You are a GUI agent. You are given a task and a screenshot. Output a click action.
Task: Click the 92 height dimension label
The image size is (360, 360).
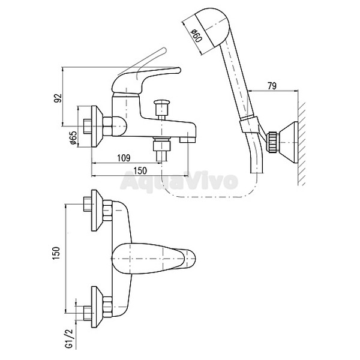pyautogui.click(x=58, y=98)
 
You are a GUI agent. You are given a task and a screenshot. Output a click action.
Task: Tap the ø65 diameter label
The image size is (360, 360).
pyautogui.click(x=73, y=137)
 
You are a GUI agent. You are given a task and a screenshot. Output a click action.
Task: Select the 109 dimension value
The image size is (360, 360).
pyautogui.click(x=124, y=158)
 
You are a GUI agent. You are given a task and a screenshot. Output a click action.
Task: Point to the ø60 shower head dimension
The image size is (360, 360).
pyautogui.click(x=197, y=35)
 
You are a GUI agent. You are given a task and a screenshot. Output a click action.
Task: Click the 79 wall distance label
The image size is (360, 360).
pyautogui.click(x=272, y=86)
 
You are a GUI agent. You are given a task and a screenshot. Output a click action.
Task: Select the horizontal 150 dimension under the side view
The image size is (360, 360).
pyautogui.click(x=140, y=170)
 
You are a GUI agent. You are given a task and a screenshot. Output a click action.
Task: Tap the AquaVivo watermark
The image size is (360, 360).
pyautogui.click(x=179, y=181)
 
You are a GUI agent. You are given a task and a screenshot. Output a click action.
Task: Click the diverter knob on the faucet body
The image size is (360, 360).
pyautogui.click(x=162, y=107)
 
